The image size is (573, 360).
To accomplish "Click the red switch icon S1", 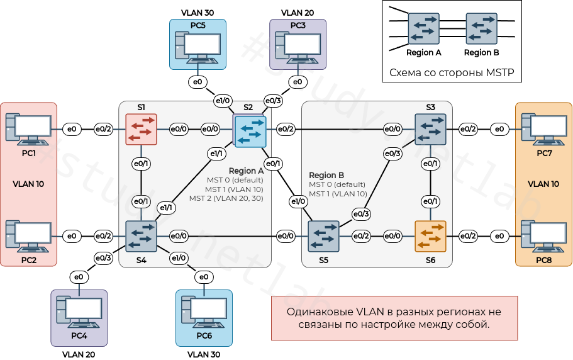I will pyautogui.click(x=141, y=129).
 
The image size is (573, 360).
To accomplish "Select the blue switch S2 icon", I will pyautogui.click(x=250, y=131).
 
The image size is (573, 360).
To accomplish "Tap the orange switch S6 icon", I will pyautogui.click(x=430, y=236).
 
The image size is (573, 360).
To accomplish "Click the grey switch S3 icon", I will pyautogui.click(x=430, y=129).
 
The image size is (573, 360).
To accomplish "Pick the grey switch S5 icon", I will pyautogui.click(x=323, y=236).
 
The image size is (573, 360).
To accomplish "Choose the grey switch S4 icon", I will pyautogui.click(x=141, y=236).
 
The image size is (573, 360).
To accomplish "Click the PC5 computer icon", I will pyautogui.click(x=197, y=47).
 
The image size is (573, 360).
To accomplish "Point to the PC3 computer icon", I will pyautogui.click(x=298, y=47).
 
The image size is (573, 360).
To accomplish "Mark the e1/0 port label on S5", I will pyautogui.click(x=298, y=201).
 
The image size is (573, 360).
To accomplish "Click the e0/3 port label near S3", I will pyautogui.click(x=393, y=154).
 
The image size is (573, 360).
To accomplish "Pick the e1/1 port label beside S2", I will pyautogui.click(x=216, y=154).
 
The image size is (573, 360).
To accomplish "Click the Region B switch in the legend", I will pyautogui.click(x=481, y=28).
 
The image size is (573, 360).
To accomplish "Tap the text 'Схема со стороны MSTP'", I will pyautogui.click(x=452, y=72).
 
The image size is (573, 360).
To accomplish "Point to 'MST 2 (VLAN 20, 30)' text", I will pyautogui.click(x=226, y=198).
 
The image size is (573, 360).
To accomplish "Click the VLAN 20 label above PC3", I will pyautogui.click(x=298, y=12).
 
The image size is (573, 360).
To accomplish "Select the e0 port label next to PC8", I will pyautogui.click(x=499, y=236).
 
